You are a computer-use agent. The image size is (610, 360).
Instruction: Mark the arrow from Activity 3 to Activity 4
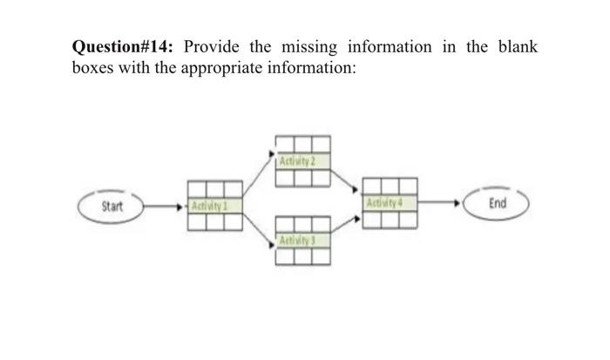click(x=346, y=227)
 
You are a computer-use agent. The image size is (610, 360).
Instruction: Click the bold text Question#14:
click(x=125, y=47)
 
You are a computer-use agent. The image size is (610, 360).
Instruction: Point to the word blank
click(x=514, y=47)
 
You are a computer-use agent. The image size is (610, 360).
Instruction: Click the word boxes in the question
click(x=92, y=68)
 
